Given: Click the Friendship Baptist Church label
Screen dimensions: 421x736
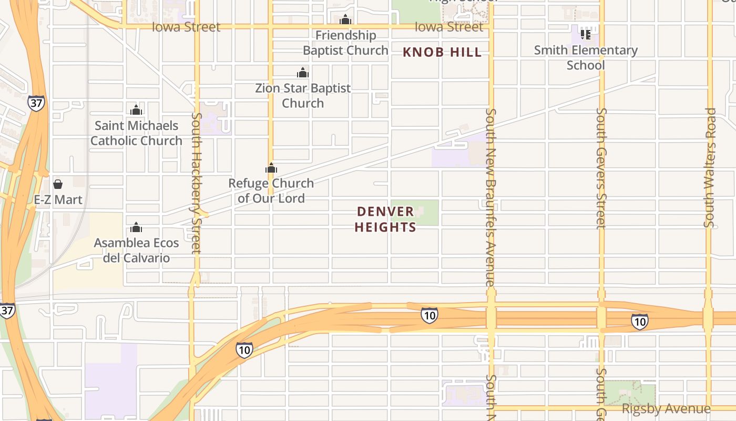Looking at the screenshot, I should (345, 43).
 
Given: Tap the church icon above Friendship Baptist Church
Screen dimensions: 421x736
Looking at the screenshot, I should (345, 20).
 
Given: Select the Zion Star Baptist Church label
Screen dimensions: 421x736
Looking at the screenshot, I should (303, 95).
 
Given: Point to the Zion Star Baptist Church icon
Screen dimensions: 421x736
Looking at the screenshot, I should (303, 73).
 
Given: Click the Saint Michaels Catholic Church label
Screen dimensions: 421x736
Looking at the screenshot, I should (136, 133).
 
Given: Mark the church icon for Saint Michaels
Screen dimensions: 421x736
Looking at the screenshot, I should (136, 110).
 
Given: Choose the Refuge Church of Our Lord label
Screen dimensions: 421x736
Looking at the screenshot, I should (271, 191).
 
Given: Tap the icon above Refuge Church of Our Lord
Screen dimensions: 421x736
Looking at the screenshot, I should (271, 168).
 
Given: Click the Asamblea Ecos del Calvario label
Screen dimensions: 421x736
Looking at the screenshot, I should (136, 250).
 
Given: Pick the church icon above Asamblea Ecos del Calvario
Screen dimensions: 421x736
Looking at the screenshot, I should (136, 227).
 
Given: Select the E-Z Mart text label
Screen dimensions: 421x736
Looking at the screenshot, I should (58, 200).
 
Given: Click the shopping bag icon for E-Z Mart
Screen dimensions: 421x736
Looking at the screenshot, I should (58, 184).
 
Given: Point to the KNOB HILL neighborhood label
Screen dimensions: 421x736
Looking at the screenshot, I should (442, 52).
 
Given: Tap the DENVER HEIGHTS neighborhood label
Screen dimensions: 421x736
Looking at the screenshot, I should (386, 219).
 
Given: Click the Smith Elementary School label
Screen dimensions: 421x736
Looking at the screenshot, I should (586, 58).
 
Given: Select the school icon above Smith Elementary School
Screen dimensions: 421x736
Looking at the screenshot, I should (586, 35).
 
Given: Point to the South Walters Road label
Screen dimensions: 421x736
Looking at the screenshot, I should (710, 167).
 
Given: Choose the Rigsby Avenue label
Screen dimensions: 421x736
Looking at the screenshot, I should (666, 409).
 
